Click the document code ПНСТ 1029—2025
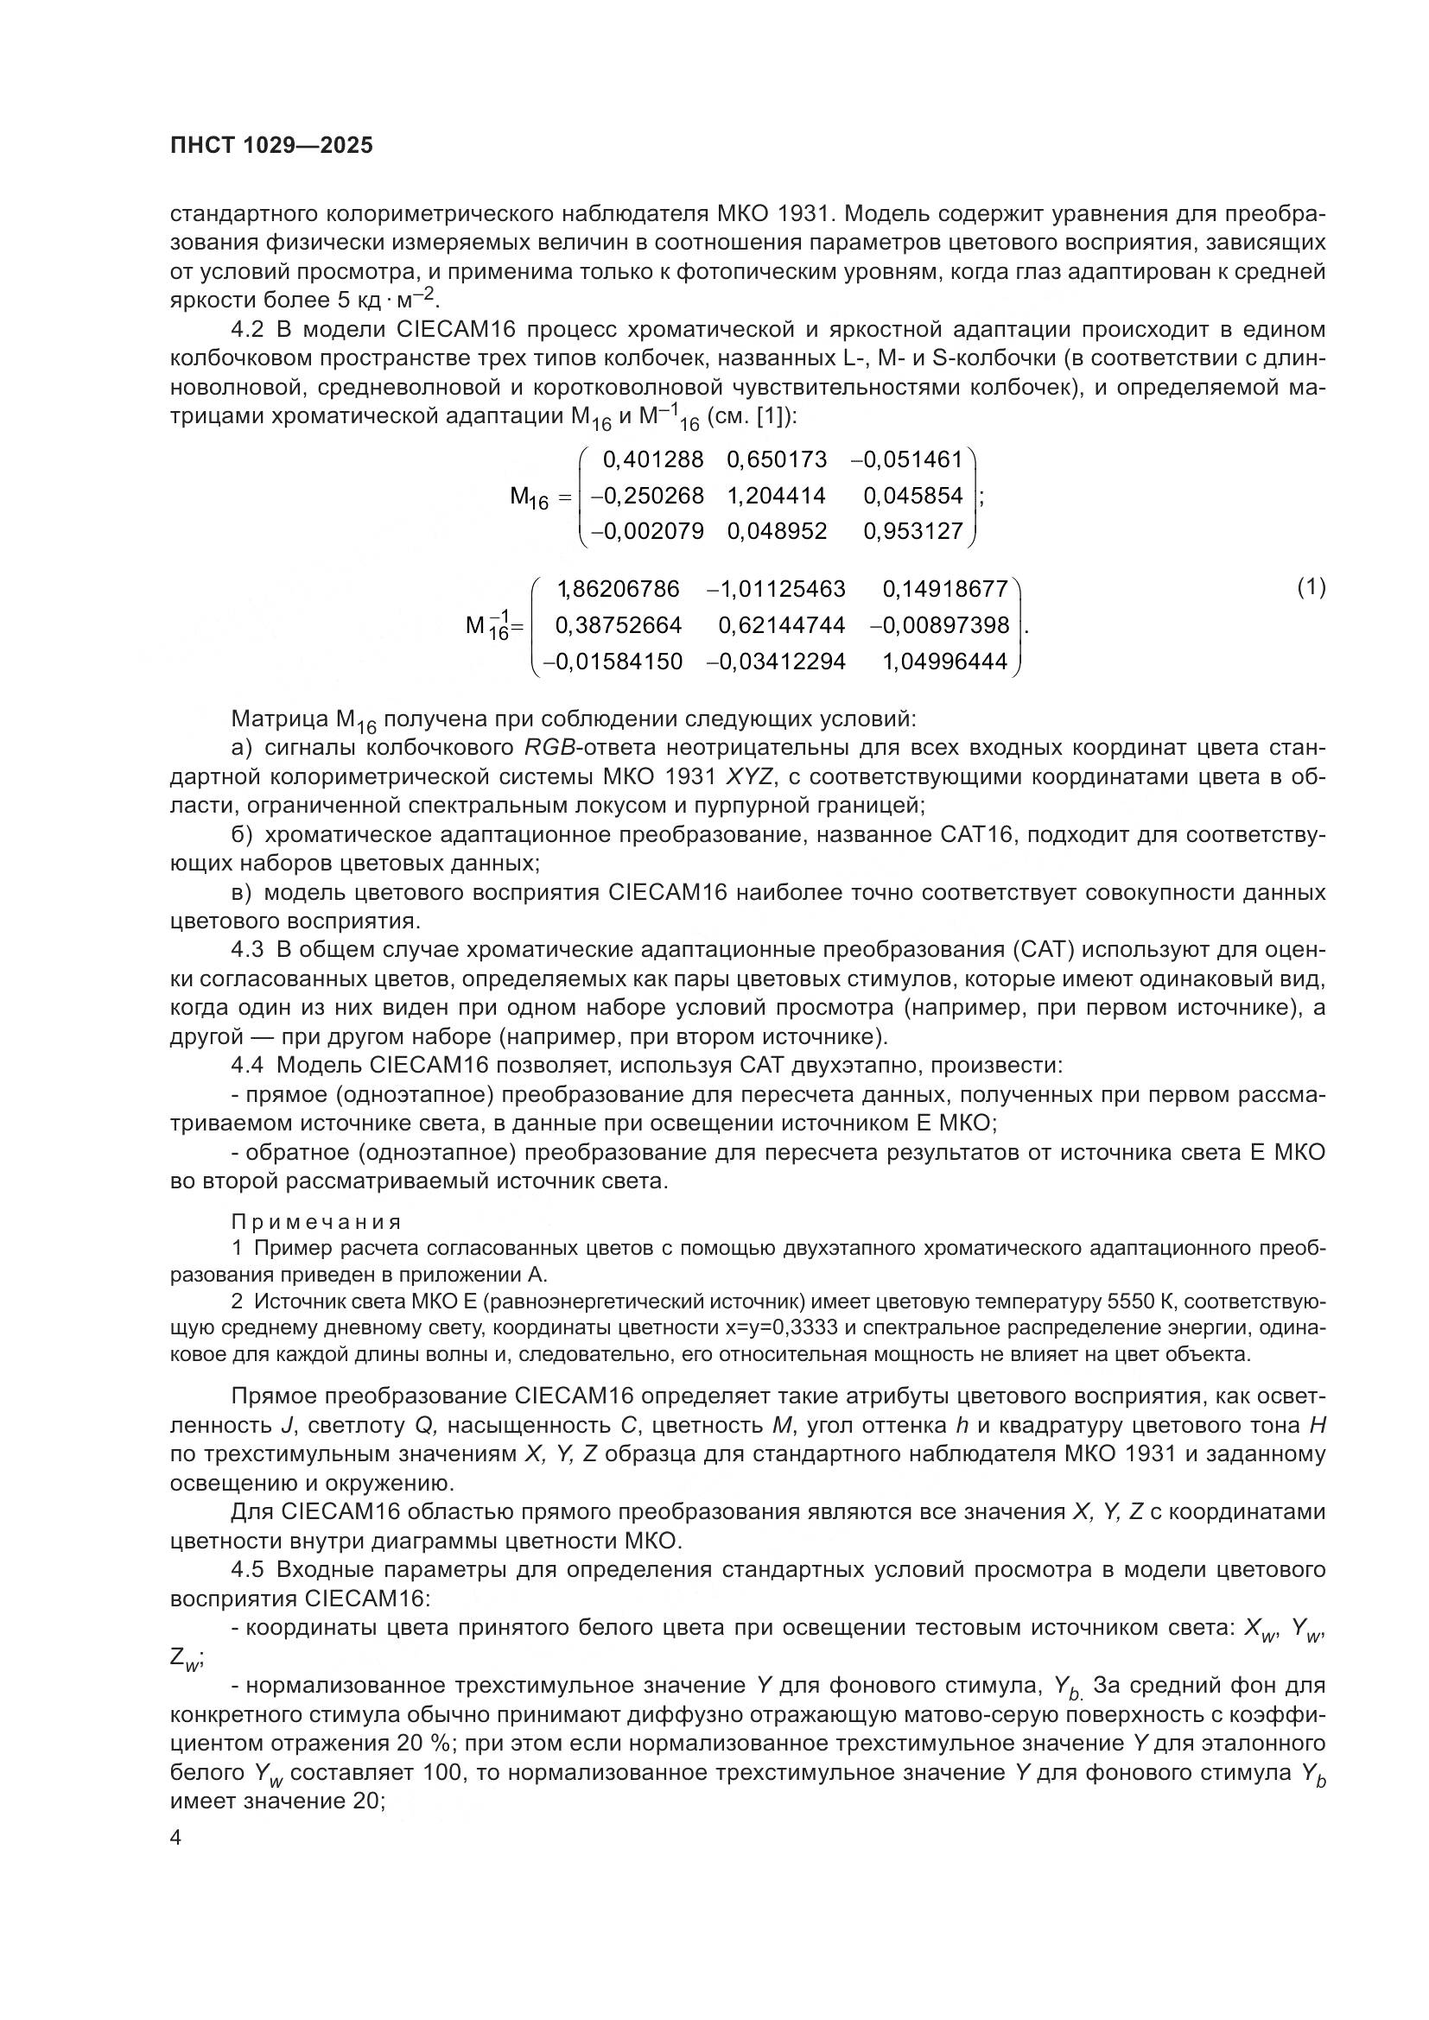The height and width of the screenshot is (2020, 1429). (271, 146)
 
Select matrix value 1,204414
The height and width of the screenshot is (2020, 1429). (776, 497)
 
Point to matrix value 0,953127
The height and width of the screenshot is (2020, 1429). (913, 531)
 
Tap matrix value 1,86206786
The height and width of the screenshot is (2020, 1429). (619, 589)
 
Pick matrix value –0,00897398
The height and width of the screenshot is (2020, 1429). (939, 625)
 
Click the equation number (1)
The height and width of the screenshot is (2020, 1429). (1312, 588)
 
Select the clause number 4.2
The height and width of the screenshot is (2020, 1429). (247, 330)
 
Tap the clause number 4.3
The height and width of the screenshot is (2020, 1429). (247, 950)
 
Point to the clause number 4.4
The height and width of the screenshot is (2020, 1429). (247, 1066)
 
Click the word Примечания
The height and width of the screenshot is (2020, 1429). (317, 1222)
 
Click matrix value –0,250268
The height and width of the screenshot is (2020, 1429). (647, 497)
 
